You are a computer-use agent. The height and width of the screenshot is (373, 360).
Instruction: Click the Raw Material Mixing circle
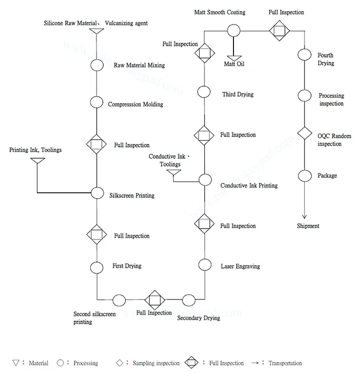click(97, 65)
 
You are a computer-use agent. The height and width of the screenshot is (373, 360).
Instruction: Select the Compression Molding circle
click(97, 102)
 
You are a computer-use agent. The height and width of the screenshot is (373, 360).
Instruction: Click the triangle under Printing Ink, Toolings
click(38, 161)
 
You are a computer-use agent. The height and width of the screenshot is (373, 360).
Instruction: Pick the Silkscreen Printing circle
click(97, 193)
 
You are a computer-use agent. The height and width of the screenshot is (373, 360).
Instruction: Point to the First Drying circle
click(97, 267)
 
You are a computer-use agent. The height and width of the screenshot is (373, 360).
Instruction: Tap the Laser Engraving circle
click(205, 265)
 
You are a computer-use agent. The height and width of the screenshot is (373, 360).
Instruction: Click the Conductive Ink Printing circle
click(205, 180)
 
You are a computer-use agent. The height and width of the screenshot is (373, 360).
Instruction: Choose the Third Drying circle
click(204, 92)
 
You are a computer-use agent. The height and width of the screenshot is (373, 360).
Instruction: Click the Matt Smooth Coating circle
click(234, 31)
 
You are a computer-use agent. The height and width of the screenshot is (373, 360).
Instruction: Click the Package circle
click(304, 176)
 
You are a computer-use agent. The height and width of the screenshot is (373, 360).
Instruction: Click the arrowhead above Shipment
click(304, 217)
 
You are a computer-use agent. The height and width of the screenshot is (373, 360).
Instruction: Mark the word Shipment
click(308, 226)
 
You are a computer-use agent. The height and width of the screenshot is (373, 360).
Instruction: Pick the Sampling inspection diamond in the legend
click(119, 363)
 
